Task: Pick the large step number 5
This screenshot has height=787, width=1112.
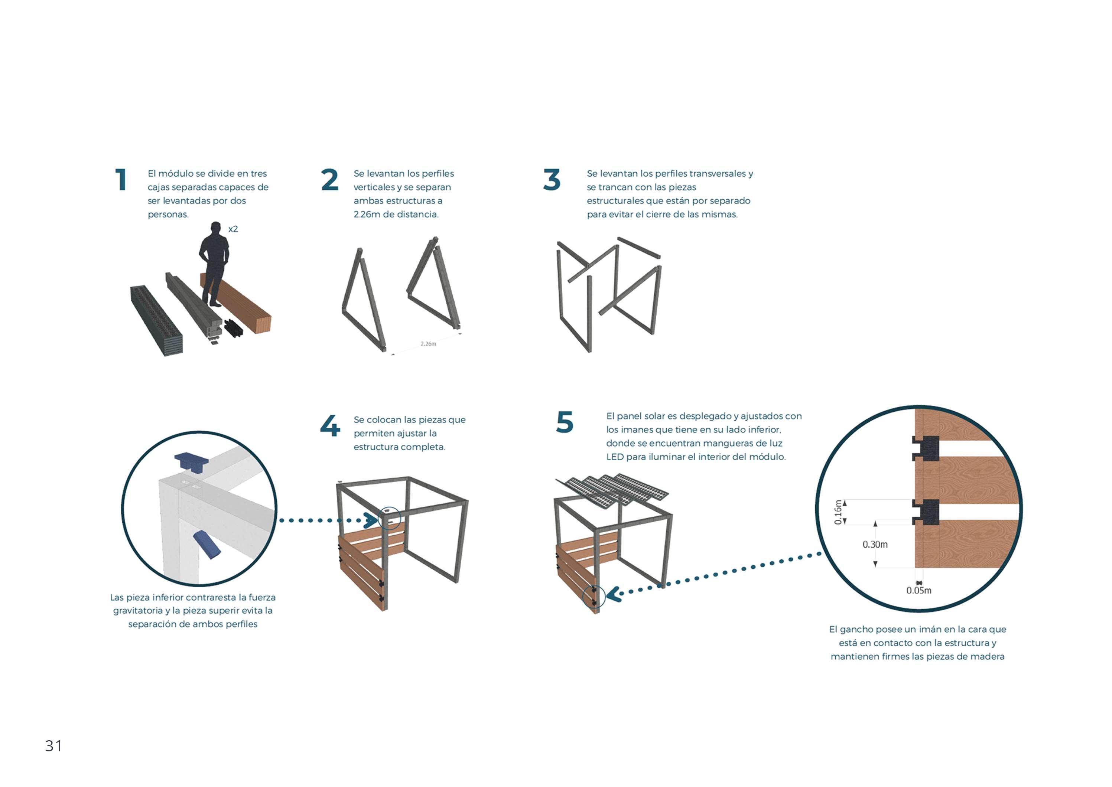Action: click(x=565, y=422)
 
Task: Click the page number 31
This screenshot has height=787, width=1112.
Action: click(x=53, y=746)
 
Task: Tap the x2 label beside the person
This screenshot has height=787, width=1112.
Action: click(x=233, y=229)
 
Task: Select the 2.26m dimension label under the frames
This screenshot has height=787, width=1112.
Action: click(x=428, y=344)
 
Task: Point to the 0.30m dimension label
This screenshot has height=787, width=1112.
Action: click(x=875, y=544)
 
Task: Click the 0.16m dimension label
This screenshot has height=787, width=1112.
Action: click(x=838, y=512)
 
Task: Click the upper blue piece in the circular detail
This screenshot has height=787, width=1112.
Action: click(x=192, y=462)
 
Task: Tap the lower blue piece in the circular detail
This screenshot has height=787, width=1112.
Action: click(x=207, y=544)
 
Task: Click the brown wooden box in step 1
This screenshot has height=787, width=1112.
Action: click(x=236, y=303)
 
